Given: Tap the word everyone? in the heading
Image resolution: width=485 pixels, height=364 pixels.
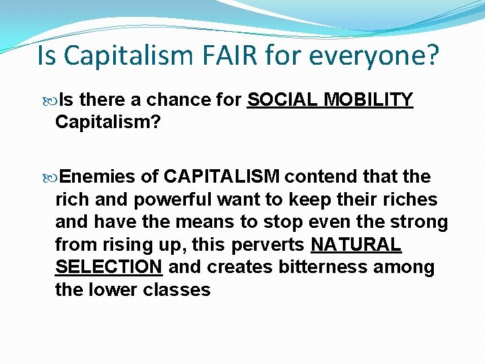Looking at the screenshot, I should (x=375, y=56).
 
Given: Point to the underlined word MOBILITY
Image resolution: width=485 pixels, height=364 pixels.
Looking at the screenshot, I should (x=368, y=100).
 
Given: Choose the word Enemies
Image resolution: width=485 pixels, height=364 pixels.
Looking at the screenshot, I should (x=98, y=177).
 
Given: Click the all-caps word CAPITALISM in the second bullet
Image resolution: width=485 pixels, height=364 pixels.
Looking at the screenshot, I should (x=222, y=177).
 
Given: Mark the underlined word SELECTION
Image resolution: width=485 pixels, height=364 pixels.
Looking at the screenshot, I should (x=108, y=268).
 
